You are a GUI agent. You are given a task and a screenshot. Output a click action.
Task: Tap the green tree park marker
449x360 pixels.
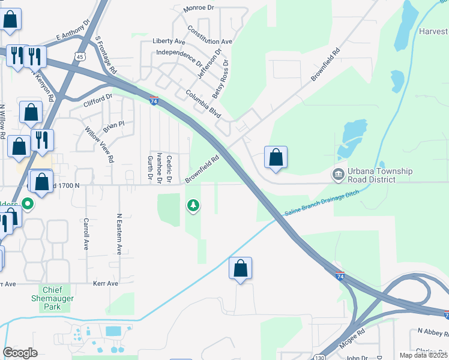pos(193,206)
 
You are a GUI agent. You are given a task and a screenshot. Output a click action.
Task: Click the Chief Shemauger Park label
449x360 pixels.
pos(53,298)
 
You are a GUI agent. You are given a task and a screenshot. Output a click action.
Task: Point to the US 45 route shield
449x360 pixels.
pos(80,56)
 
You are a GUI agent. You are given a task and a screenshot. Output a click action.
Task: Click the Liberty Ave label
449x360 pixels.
pos(169,41)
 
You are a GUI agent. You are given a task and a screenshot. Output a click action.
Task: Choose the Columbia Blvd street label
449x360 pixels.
pos(204,103)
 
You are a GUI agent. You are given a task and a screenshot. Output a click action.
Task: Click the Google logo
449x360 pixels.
pos(20,352)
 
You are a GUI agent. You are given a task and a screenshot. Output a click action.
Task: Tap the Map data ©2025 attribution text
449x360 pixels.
pos(424,355)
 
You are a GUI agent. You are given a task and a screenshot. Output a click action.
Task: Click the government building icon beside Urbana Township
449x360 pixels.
pos(338,175)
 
